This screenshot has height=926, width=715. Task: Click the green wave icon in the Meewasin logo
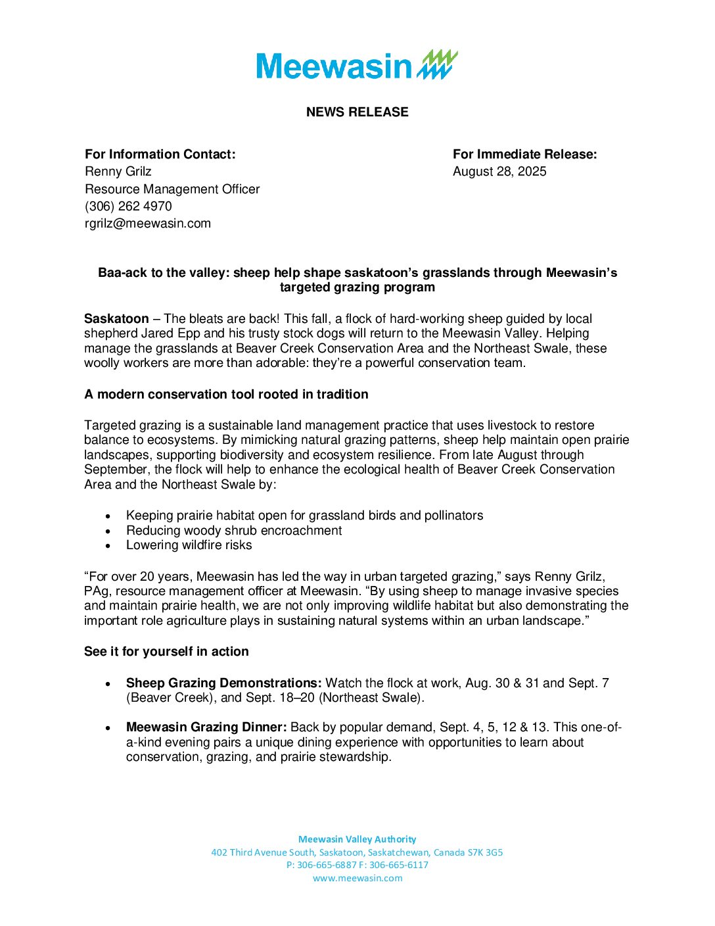point(438,64)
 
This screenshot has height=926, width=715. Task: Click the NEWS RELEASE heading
point(357,112)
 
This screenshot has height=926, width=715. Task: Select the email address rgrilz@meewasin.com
point(148,224)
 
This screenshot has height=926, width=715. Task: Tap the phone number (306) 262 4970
point(128,207)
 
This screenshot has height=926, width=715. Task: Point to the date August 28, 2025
point(499,172)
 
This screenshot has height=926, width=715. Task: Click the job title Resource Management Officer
point(172,189)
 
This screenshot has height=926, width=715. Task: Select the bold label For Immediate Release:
point(524,155)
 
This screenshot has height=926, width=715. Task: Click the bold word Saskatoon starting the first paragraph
point(116,319)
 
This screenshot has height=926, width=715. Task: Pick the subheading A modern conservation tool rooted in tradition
point(226,395)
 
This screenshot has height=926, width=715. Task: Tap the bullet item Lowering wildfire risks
point(189,545)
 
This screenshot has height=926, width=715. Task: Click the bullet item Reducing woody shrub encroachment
point(234,531)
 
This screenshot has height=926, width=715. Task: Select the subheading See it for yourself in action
point(166,652)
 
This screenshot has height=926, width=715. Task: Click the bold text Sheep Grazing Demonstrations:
point(223,683)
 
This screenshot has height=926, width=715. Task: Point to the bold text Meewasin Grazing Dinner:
point(206,727)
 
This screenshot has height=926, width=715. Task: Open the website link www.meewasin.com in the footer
point(357,878)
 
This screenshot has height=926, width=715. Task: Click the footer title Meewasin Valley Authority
point(357,839)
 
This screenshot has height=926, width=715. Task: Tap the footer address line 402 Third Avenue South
point(357,852)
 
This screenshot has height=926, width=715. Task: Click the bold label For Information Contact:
point(160,155)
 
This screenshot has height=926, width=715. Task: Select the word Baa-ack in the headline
point(122,273)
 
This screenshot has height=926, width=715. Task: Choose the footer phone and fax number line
point(357,865)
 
